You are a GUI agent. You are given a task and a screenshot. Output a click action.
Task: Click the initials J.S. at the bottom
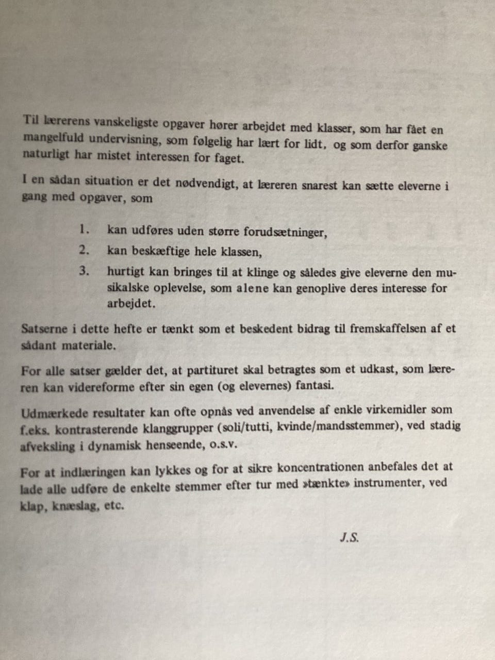(349, 537)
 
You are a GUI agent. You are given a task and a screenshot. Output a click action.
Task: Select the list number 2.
(85, 251)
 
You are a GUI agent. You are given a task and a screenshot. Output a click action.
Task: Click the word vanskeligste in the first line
(127, 122)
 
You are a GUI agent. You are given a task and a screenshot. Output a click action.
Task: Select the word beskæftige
(150, 252)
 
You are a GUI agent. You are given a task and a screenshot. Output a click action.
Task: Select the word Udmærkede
(54, 412)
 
